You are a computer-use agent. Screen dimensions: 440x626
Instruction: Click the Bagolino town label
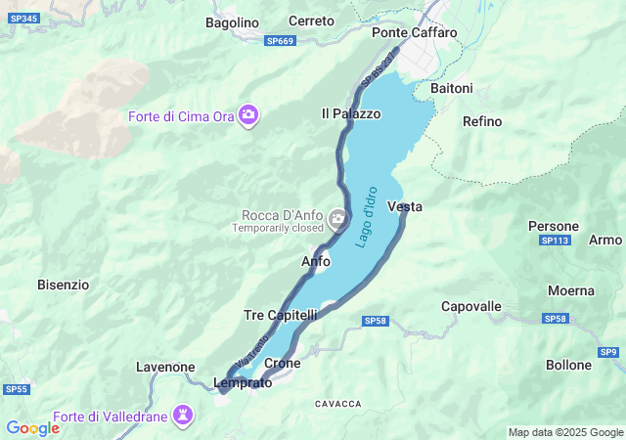tap(232, 22)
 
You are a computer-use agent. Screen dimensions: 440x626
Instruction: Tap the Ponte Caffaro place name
tap(415, 32)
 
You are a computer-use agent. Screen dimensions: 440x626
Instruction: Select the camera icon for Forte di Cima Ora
tap(249, 115)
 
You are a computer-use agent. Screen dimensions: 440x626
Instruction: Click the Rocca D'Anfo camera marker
tap(337, 217)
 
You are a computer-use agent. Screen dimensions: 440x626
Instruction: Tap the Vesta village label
tap(405, 206)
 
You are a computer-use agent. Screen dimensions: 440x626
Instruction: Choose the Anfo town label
tap(315, 261)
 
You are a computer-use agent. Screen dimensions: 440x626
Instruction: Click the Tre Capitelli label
tap(281, 315)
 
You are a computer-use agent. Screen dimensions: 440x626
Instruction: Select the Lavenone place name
tap(165, 367)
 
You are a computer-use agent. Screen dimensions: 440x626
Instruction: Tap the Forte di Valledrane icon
tap(182, 416)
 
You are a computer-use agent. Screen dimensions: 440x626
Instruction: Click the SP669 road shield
tap(280, 41)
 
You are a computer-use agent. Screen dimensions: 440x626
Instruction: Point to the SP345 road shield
tap(25, 19)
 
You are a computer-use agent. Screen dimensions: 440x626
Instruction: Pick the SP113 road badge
tap(555, 241)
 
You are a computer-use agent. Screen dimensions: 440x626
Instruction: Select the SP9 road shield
tap(609, 352)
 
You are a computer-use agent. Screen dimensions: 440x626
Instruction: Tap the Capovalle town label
tap(471, 306)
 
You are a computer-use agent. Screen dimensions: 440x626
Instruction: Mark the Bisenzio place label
tap(63, 285)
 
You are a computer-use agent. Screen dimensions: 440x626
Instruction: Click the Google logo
tap(33, 427)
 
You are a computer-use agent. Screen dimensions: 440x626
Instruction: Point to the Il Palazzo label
tap(351, 113)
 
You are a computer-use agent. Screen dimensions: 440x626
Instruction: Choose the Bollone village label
tap(568, 365)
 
